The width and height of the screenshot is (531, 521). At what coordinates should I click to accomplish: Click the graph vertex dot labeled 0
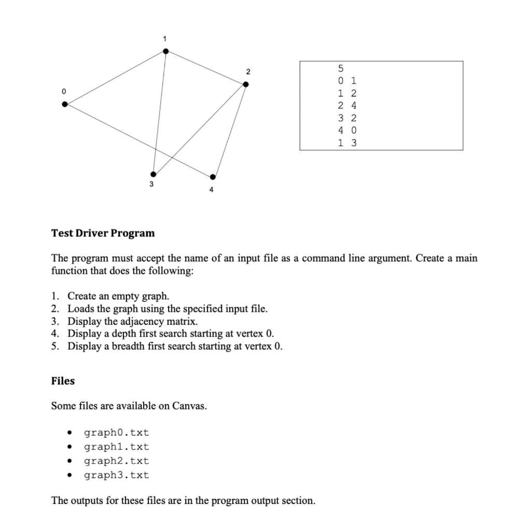coord(64,104)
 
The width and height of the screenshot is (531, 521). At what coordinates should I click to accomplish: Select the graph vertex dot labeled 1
coord(165,51)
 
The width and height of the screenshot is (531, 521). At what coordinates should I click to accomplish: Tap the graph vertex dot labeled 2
coord(246,85)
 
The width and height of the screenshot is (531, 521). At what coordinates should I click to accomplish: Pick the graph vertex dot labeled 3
coord(152,174)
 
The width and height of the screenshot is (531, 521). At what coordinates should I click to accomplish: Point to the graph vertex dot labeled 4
coord(213,177)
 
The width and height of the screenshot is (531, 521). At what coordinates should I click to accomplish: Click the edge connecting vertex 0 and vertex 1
coord(115,77)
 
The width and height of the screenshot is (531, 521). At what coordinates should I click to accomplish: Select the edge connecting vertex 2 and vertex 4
coord(229,131)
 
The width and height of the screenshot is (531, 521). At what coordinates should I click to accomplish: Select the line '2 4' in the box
coord(346,106)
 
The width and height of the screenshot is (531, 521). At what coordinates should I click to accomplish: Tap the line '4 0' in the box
coord(346,130)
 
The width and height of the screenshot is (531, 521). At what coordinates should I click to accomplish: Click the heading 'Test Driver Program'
coord(103,233)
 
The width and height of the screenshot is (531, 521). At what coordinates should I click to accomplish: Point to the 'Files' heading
coord(63,381)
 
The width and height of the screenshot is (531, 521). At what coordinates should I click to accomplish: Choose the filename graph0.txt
coord(116,432)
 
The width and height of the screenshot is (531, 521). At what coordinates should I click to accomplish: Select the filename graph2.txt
coord(116,461)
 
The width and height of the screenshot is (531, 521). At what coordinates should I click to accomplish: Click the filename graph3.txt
coord(116,475)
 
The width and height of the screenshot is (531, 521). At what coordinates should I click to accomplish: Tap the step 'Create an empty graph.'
coord(118,296)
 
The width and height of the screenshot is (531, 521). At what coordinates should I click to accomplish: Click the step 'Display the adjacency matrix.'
coord(132,321)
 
